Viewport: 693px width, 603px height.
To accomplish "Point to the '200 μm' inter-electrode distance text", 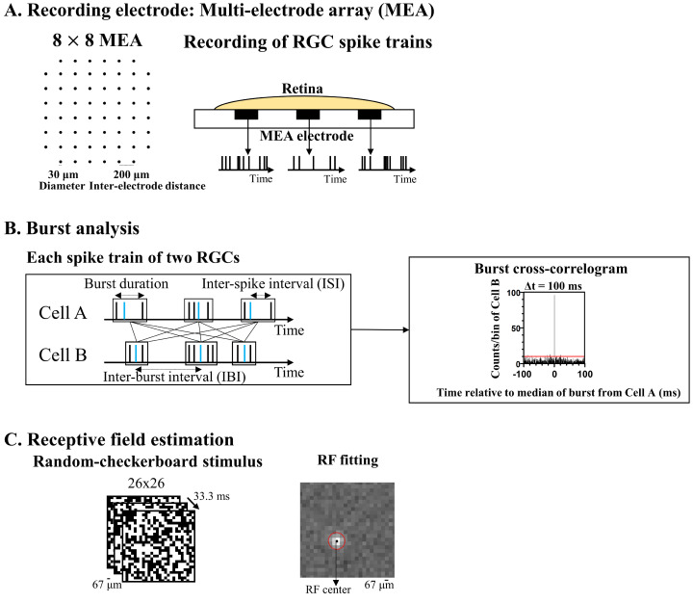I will click(133, 174).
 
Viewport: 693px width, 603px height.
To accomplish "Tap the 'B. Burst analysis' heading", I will click(71, 231).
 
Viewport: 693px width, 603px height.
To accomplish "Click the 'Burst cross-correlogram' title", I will click(545, 270).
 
